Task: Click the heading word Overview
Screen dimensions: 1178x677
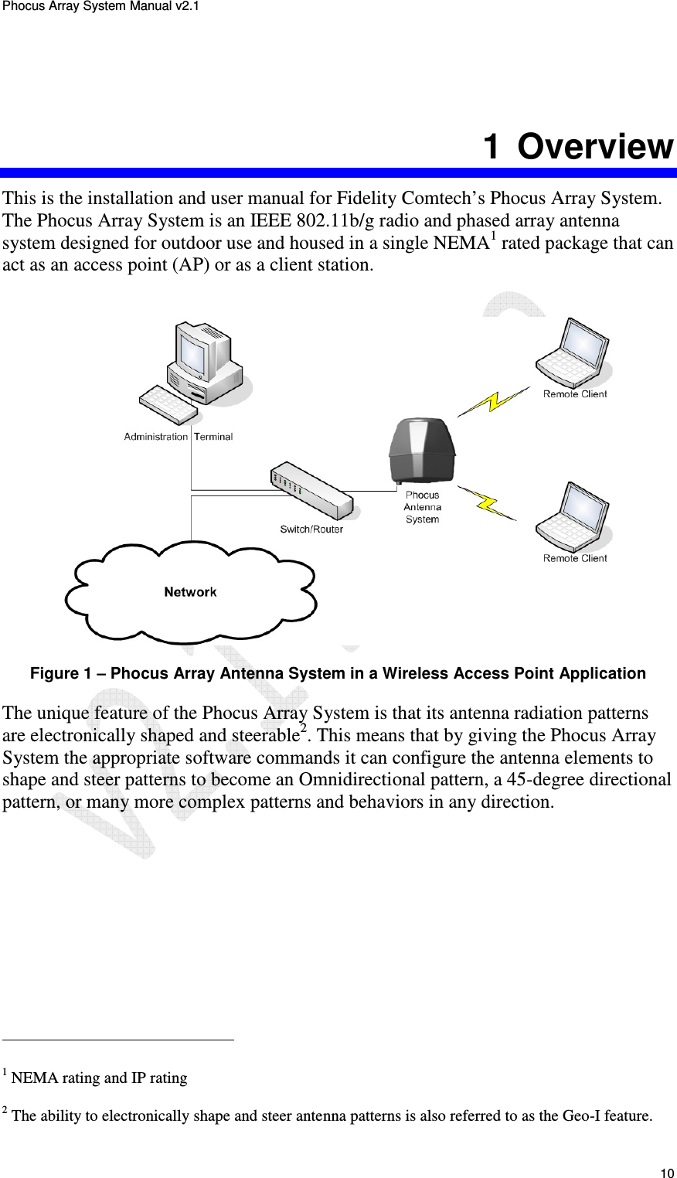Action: pos(595,147)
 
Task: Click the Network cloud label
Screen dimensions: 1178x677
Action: pos(190,592)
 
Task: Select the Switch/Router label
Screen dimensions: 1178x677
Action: pos(311,529)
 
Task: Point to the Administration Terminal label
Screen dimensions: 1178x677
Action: pos(179,437)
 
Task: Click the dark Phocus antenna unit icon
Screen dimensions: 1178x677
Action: pos(422,451)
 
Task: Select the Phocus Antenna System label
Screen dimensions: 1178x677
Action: pos(423,507)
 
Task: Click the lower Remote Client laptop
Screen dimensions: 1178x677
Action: pos(573,516)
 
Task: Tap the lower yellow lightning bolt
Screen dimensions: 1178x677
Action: pos(488,502)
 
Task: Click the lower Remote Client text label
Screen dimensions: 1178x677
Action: pos(575,558)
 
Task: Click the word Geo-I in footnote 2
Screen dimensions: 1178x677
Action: pos(590,1116)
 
